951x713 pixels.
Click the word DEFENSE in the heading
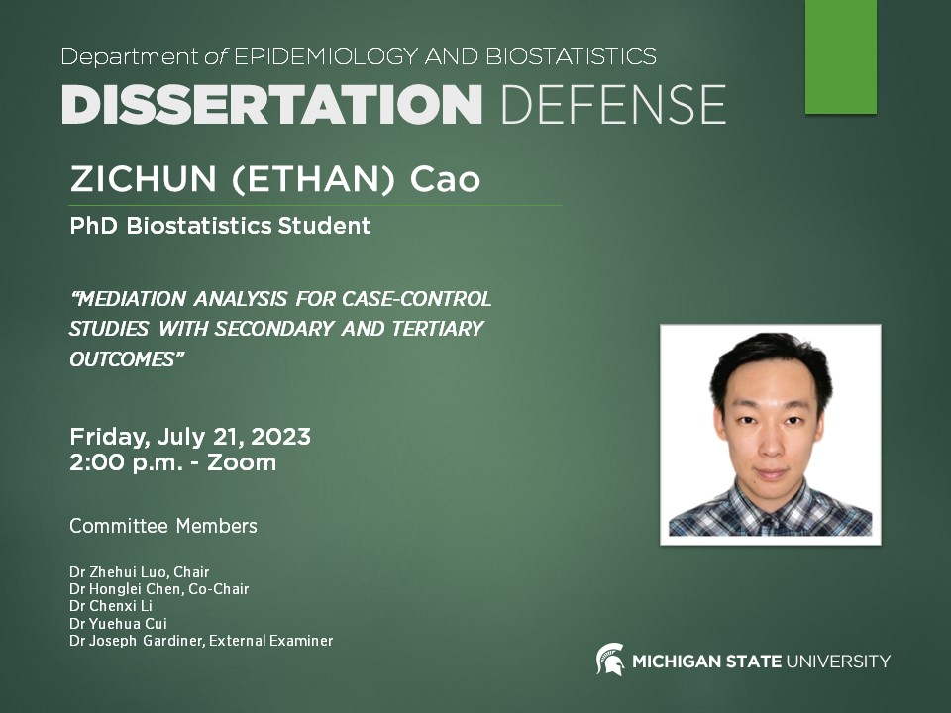point(613,104)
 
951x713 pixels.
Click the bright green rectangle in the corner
point(840,55)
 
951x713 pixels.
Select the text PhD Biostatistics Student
point(220,226)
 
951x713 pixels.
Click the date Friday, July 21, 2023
point(190,436)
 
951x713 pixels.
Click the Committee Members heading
point(163,526)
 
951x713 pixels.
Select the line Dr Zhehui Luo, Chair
point(140,572)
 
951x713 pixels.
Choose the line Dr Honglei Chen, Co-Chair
point(158,589)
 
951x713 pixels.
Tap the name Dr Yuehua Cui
point(118,623)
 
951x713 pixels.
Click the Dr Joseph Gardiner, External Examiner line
point(201,641)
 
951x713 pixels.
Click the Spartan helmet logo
point(609,660)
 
